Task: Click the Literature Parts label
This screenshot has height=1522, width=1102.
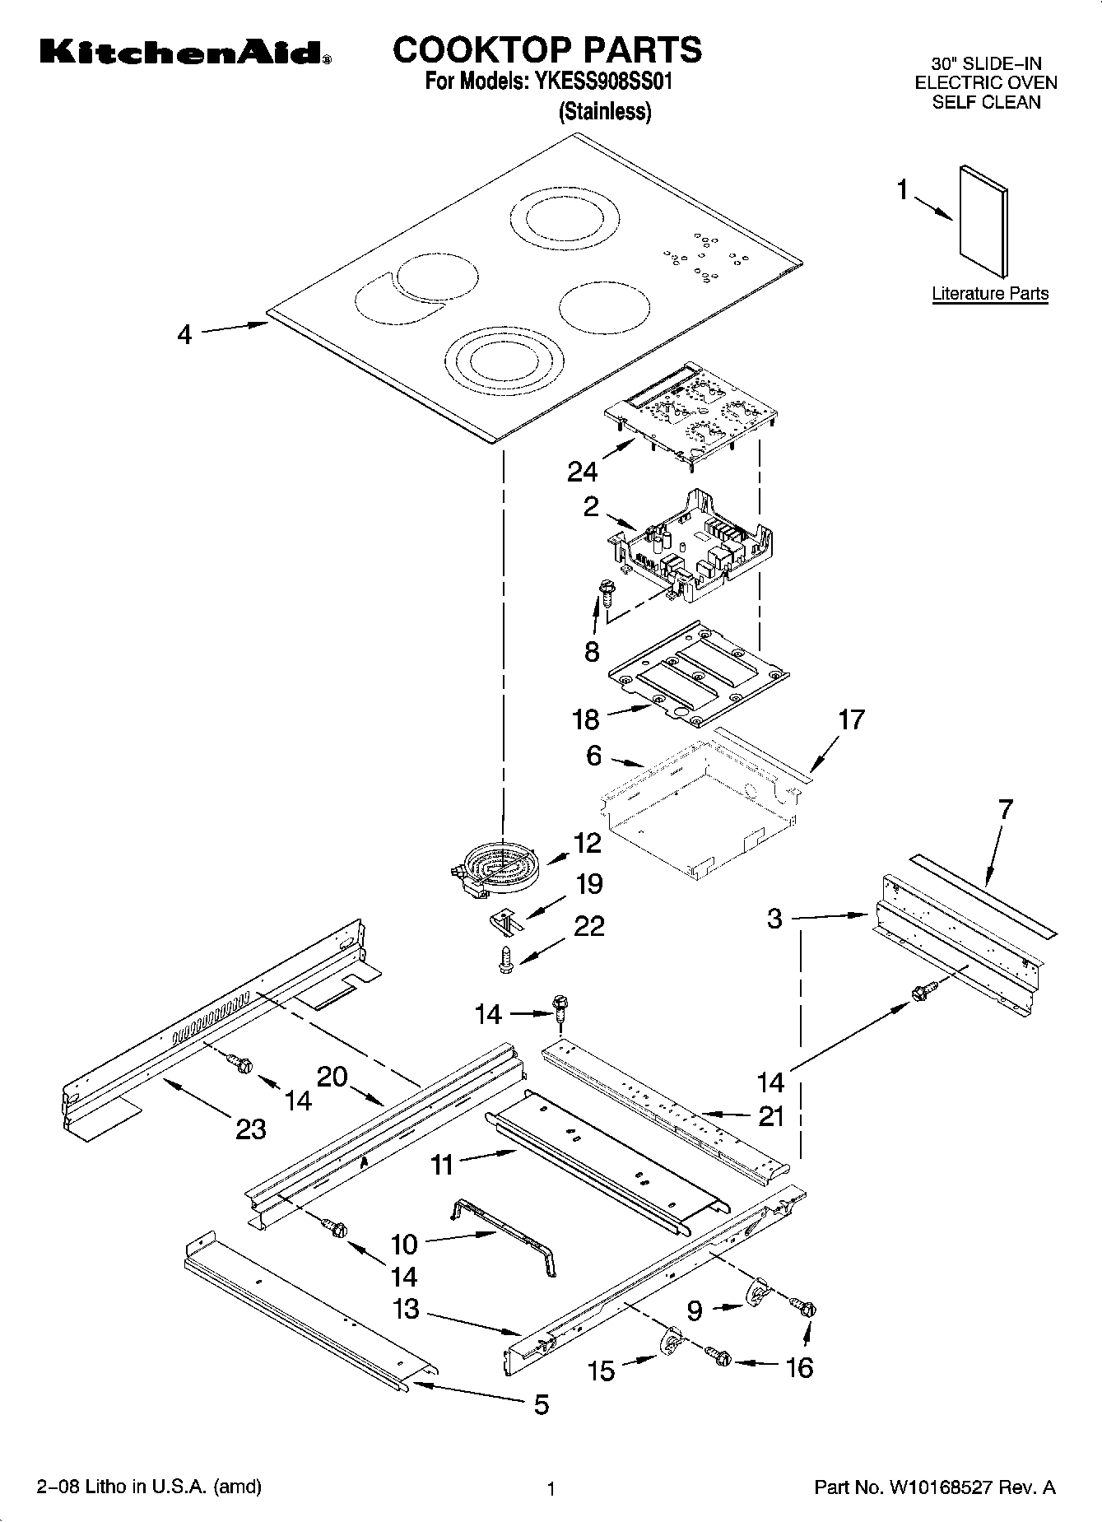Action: coord(990,293)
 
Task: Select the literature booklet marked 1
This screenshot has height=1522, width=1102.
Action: coord(983,220)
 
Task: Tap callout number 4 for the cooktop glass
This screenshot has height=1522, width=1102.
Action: coord(184,334)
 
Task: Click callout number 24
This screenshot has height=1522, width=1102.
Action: coord(582,471)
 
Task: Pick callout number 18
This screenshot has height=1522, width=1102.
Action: coord(586,719)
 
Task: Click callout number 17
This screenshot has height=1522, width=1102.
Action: coord(851,719)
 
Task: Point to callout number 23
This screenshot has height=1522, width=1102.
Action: coord(250,1129)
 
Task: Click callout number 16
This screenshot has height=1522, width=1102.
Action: coord(799,1367)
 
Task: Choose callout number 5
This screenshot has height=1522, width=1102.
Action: coord(541,1404)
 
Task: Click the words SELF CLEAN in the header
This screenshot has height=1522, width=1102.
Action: coord(986,102)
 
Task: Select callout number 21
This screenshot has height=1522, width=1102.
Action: coord(771,1116)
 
